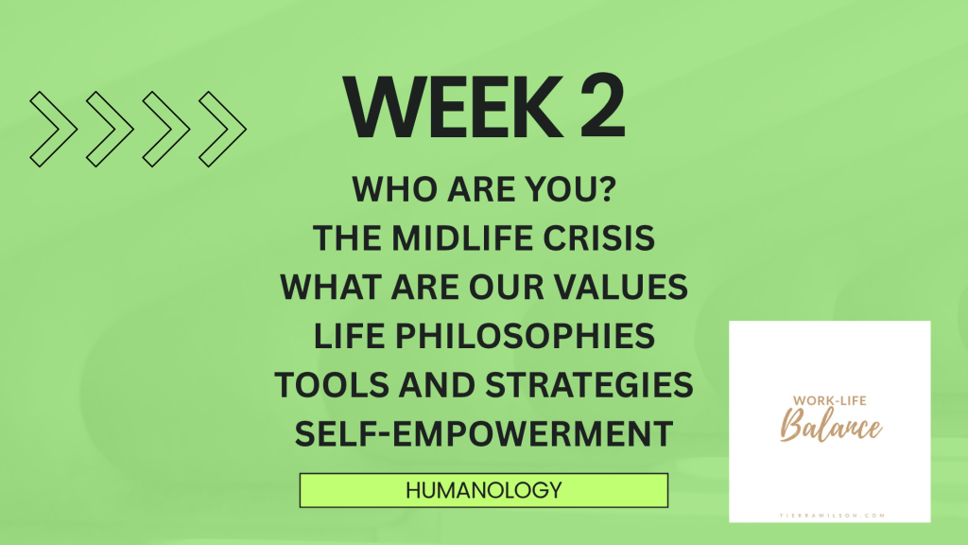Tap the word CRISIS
[598, 237]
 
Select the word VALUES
[620, 287]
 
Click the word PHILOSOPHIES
[525, 336]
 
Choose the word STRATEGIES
[589, 385]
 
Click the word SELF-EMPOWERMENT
[484, 433]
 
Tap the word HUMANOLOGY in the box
[484, 491]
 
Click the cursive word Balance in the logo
[831, 426]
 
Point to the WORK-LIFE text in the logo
[830, 400]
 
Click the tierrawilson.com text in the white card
[832, 516]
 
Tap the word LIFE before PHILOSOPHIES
[350, 336]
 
